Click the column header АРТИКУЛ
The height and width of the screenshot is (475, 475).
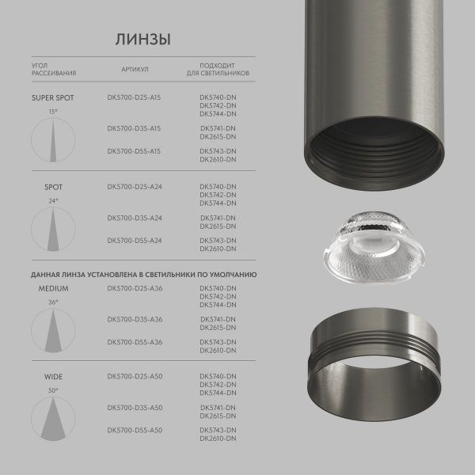point(135,70)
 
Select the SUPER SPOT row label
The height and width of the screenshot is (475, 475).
point(52,98)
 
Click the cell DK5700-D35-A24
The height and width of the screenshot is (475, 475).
point(134,217)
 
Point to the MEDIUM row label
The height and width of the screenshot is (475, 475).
point(54,288)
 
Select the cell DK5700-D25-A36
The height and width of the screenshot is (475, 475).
point(134,288)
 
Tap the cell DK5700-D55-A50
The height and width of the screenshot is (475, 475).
point(134,430)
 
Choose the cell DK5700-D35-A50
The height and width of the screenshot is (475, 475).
point(134,407)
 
